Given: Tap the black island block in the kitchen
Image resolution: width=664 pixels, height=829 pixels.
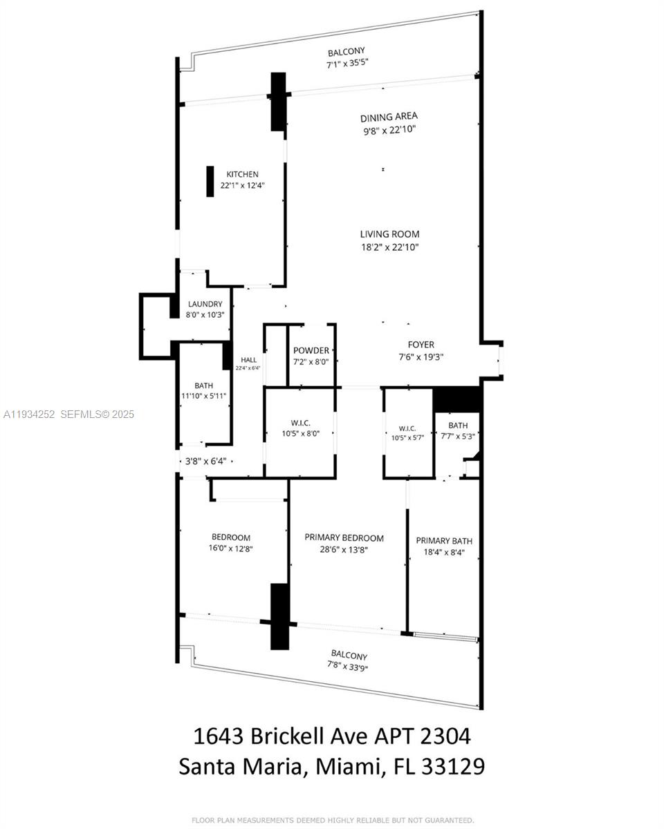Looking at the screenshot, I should click(210, 182).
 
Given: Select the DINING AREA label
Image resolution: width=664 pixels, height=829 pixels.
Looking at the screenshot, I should click(389, 117).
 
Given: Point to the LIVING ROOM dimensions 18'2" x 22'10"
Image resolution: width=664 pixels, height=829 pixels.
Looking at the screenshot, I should click(389, 247).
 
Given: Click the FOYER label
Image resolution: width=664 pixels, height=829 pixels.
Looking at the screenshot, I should click(421, 344).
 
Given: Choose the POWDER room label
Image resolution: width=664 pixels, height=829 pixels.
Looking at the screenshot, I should click(311, 350).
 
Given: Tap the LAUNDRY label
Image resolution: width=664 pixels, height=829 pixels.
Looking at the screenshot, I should click(205, 304).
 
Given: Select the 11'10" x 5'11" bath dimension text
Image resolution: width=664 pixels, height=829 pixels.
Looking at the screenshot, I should click(203, 396).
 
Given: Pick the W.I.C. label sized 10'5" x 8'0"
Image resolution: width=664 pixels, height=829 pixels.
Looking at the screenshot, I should click(299, 424).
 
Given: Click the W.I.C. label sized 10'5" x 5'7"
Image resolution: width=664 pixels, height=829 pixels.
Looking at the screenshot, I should click(407, 427).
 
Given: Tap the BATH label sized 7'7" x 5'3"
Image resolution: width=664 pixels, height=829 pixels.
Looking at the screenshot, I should click(457, 426).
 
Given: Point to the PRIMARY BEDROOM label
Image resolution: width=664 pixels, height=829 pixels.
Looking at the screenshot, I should click(344, 537).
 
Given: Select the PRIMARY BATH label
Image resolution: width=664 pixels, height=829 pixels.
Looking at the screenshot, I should click(444, 541).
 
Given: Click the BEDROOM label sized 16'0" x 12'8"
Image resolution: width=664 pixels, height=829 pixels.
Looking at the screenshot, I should click(231, 537).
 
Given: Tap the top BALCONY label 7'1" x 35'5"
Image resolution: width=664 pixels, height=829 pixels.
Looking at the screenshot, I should click(346, 52).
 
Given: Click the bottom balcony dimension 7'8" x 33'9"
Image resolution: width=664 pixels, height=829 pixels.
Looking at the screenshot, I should click(349, 666).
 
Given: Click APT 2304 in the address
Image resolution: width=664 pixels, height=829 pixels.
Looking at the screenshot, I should click(424, 736).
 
